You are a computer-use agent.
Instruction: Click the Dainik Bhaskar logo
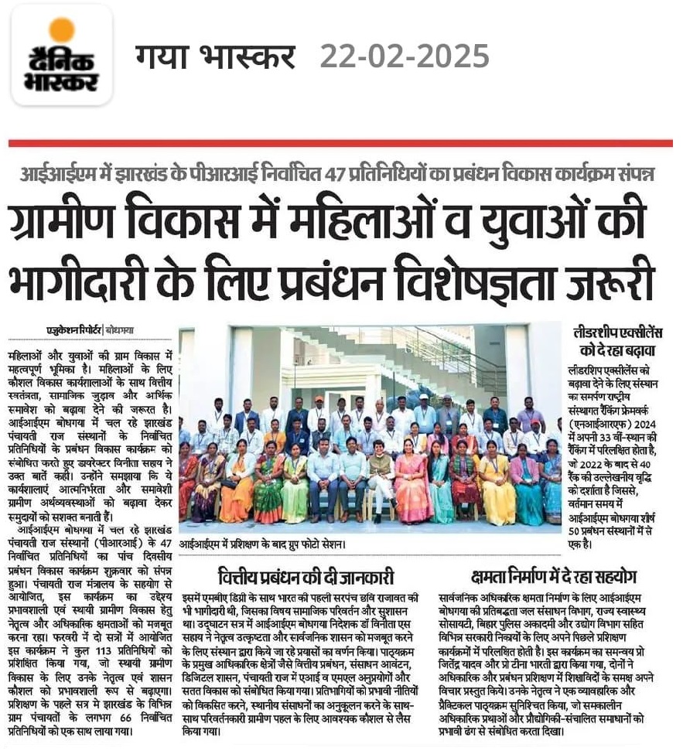(x=63, y=55)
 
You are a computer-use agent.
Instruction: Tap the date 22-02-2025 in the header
(x=404, y=56)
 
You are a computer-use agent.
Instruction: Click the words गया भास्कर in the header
(x=215, y=56)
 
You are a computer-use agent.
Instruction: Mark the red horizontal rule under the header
(x=341, y=143)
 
